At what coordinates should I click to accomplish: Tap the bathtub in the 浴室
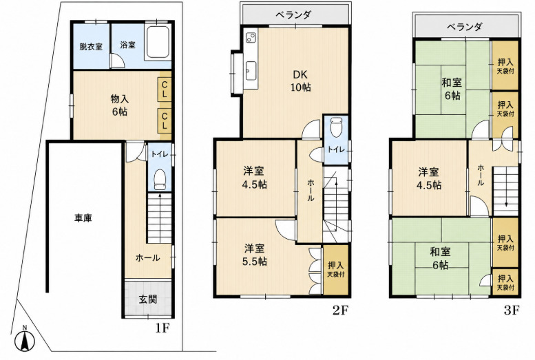(x=158, y=42)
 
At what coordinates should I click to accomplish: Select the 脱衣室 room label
(x=91, y=46)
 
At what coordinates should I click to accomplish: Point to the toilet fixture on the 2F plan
(x=336, y=127)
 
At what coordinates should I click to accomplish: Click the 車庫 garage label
(x=83, y=218)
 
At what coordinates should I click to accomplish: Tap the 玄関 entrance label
(x=148, y=299)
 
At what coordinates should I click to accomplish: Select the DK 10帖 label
(x=301, y=81)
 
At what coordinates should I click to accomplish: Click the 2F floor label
(x=340, y=310)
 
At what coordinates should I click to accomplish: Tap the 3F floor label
(x=512, y=310)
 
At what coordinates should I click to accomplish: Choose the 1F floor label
(x=162, y=328)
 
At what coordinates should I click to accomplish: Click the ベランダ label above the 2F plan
(x=293, y=14)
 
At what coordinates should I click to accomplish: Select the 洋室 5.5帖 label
(x=255, y=255)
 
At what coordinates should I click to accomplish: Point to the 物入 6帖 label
(x=119, y=105)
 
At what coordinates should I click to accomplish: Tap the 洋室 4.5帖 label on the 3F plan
(x=428, y=178)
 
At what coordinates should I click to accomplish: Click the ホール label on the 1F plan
(x=148, y=257)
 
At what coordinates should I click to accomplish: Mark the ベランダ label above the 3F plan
(x=465, y=26)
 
